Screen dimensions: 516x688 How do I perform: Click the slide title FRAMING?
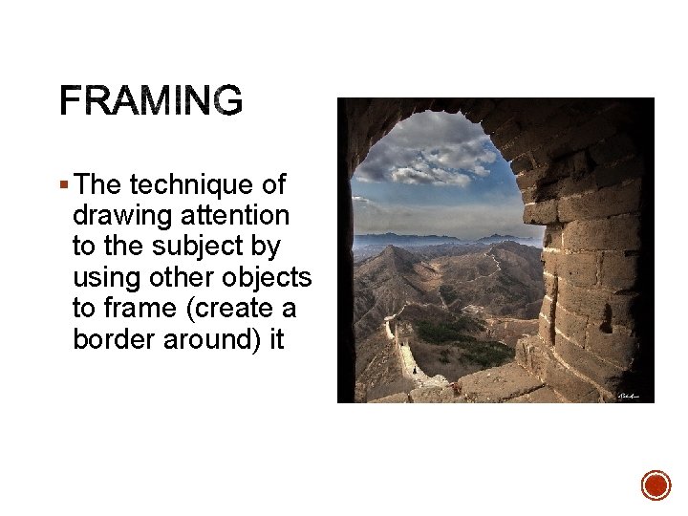(x=151, y=100)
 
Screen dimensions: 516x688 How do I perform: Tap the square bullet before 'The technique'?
(x=63, y=184)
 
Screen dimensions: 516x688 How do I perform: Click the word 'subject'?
(x=203, y=247)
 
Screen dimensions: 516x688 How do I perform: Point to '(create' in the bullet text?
(x=234, y=309)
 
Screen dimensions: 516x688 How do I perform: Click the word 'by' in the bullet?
(x=268, y=247)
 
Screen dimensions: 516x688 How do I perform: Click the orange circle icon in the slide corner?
(x=656, y=484)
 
